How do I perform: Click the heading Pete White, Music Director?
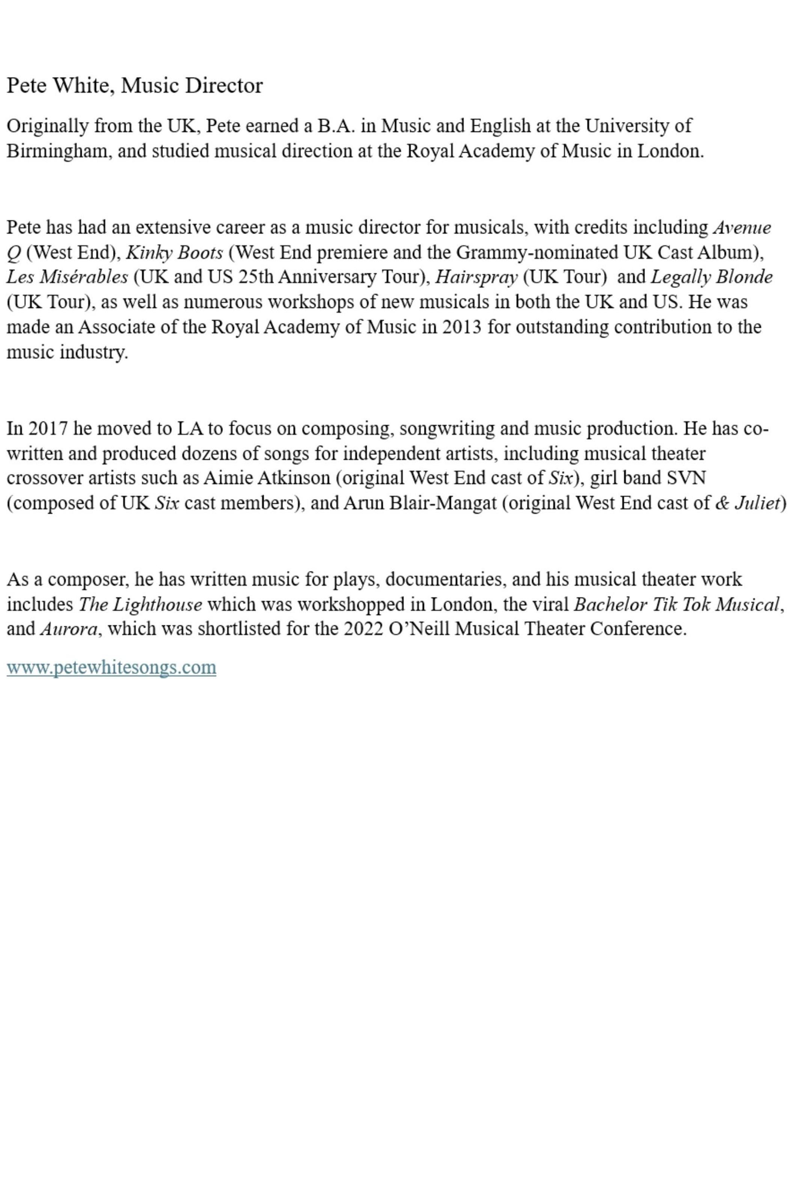[134, 85]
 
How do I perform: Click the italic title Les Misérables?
[67, 277]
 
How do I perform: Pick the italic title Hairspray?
[476, 277]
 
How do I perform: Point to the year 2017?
[48, 429]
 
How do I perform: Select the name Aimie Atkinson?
[267, 478]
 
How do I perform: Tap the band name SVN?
[686, 478]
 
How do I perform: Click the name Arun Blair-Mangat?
[420, 503]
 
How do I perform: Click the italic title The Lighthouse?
[140, 604]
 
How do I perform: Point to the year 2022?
[363, 629]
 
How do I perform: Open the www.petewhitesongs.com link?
[111, 667]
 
